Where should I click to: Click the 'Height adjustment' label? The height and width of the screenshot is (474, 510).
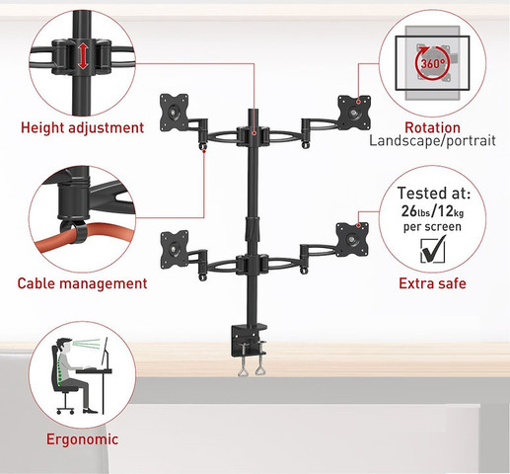point(82,128)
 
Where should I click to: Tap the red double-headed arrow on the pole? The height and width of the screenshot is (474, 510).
point(83,56)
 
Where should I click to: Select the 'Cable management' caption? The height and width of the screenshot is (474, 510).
point(82,283)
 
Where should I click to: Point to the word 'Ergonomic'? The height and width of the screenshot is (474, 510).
point(82,439)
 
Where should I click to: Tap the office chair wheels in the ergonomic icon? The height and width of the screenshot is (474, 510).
point(65,411)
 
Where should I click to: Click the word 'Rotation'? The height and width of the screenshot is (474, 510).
point(432,127)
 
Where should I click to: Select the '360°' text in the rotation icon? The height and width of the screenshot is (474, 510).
point(433,63)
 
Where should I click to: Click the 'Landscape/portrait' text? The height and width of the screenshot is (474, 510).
point(432,141)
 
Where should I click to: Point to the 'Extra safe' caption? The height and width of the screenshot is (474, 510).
point(432,283)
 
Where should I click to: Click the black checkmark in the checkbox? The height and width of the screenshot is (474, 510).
point(434,250)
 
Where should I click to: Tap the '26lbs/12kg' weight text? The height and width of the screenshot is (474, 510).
point(432,211)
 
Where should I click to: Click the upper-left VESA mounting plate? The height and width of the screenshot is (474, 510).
point(174,113)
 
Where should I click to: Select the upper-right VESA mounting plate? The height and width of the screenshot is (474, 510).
point(354,113)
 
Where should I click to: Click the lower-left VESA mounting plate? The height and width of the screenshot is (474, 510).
point(175,249)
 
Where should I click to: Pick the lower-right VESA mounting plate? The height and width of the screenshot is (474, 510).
point(352,240)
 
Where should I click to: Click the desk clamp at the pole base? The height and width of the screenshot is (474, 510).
point(249,349)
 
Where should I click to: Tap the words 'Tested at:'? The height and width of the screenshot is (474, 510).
point(434,194)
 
